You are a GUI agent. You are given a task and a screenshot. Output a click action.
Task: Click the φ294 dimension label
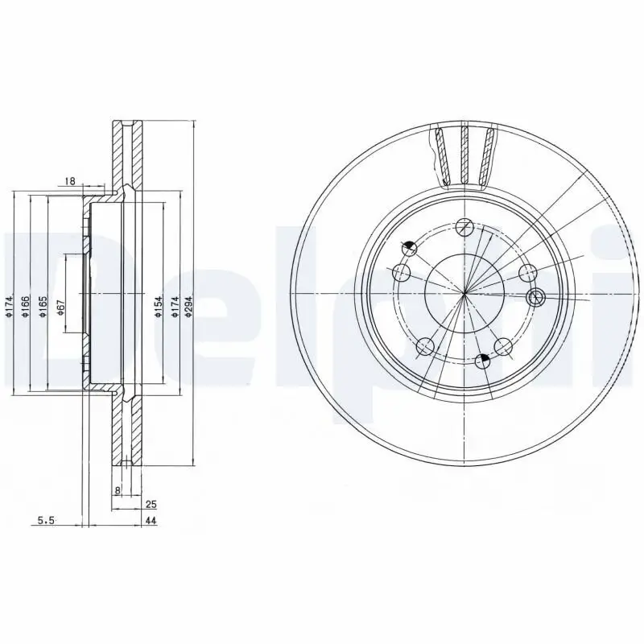coord(187,307)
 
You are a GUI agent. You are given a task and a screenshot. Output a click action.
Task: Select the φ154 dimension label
coord(159,307)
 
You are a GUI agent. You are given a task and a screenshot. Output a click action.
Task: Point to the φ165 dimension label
coord(43,307)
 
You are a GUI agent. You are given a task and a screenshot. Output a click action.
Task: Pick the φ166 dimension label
coord(26,307)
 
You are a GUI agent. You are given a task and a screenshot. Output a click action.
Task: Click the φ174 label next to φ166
coord(8,307)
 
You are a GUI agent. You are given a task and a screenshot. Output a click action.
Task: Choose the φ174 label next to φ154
coord(172,307)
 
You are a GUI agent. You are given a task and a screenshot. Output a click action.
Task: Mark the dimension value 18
coord(70,182)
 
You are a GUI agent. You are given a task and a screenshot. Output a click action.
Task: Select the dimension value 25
coord(151,505)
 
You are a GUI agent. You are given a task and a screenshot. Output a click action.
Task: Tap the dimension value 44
coord(151,522)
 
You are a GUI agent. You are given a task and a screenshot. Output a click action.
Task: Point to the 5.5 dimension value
coord(47,522)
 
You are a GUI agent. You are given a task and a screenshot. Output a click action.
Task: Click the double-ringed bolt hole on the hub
coord(535,298)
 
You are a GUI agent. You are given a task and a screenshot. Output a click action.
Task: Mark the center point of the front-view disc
coord(464,292)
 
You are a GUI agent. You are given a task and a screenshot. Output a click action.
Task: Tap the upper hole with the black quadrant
coord(410,248)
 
